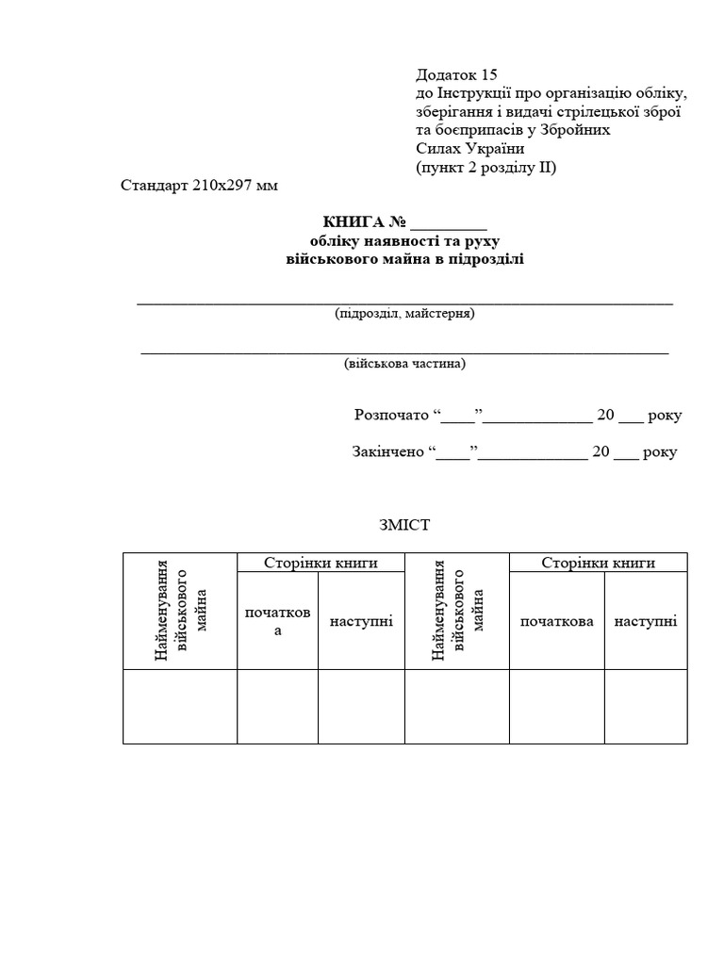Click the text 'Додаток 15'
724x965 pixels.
tap(456, 74)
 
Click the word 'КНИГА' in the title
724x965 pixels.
tap(354, 222)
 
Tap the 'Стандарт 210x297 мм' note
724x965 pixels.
tap(200, 186)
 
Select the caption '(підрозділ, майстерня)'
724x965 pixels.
tap(404, 313)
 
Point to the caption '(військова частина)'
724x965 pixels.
tap(404, 363)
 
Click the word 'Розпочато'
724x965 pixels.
tap(389, 415)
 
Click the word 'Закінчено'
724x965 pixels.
tap(387, 451)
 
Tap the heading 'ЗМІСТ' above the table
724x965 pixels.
tap(403, 525)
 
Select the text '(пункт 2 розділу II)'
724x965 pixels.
tap(486, 168)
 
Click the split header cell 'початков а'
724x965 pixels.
tap(277, 621)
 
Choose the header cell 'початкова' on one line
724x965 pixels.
tap(556, 621)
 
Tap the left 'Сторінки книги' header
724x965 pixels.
tap(321, 563)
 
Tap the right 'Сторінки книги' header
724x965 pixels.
tap(598, 563)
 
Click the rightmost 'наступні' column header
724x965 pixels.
tap(646, 621)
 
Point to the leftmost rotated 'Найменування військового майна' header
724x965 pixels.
tap(180, 612)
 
